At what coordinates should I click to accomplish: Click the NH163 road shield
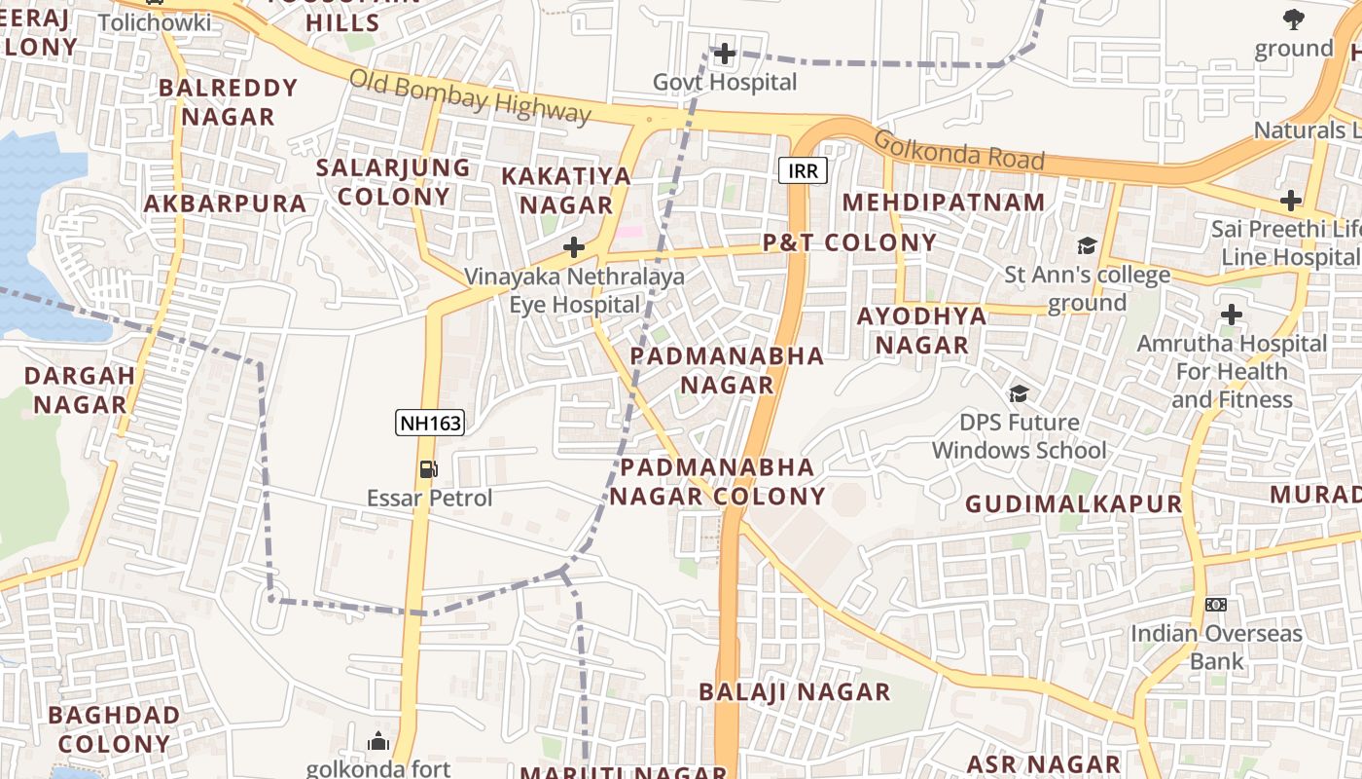point(429,423)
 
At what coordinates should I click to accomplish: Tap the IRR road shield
point(803,171)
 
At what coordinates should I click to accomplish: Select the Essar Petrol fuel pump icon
point(428,469)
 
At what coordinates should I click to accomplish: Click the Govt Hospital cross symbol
point(724,54)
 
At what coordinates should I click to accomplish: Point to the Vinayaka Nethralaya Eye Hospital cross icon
point(574,247)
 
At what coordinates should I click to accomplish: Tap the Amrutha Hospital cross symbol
point(1232,315)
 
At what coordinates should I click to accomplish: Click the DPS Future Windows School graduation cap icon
point(1019,393)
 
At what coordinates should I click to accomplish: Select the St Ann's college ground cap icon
point(1086,245)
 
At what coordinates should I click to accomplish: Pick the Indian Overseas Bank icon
point(1215,605)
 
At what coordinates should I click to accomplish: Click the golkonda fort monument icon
point(378,742)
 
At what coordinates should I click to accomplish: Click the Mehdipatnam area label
point(943,203)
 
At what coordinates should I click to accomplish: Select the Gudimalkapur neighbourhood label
point(1073,504)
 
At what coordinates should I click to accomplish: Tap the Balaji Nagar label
point(795,692)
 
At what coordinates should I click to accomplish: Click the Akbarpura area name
point(225,204)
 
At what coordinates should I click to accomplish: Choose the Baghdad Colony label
point(114,729)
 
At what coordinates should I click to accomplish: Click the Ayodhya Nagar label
point(922,330)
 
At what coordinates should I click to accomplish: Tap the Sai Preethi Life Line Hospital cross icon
point(1290,202)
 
